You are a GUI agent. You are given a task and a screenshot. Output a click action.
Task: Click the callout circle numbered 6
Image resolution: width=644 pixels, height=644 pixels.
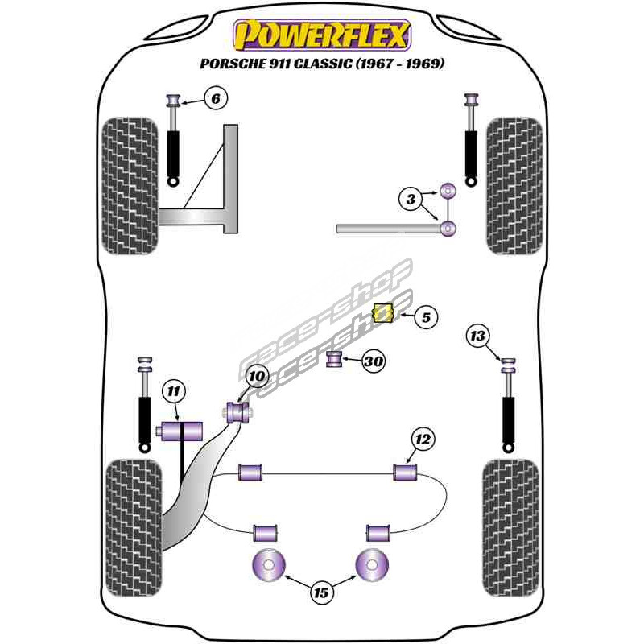pyautogui.click(x=215, y=99)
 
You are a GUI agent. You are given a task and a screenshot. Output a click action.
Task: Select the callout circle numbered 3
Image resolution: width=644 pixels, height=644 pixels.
pyautogui.click(x=411, y=197)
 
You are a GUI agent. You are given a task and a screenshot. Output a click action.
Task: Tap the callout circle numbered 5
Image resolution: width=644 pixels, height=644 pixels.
pyautogui.click(x=426, y=318)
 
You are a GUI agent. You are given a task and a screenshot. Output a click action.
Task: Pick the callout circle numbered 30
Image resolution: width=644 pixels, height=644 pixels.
pyautogui.click(x=373, y=362)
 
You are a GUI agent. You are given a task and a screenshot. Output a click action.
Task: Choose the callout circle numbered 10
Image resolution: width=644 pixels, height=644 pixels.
pyautogui.click(x=255, y=376)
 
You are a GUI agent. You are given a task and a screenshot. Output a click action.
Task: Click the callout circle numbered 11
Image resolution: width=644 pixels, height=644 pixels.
pyautogui.click(x=173, y=392)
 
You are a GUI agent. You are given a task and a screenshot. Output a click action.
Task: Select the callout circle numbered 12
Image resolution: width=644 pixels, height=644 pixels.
pyautogui.click(x=423, y=439)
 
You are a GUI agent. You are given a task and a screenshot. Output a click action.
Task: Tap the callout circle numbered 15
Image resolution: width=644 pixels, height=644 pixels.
pyautogui.click(x=322, y=594)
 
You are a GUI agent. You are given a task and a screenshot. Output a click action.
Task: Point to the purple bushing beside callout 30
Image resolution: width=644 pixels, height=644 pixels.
pyautogui.click(x=334, y=358)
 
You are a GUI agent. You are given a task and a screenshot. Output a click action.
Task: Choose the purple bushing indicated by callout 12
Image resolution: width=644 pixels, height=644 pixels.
pyautogui.click(x=405, y=471)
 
